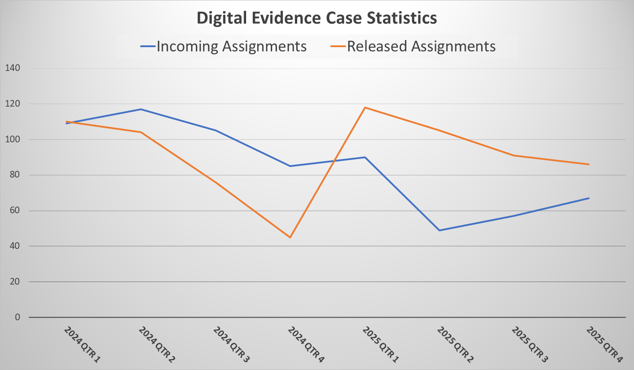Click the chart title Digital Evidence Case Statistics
coord(317,18)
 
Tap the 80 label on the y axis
coord(12,175)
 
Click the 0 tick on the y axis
coord(17,317)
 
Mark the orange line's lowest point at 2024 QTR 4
coord(290,237)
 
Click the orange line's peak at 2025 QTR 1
coord(365,107)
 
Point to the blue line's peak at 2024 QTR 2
coord(141,109)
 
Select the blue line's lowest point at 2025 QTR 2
coord(439,230)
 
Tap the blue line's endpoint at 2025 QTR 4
coord(589,198)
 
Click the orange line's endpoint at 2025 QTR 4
coord(589,164)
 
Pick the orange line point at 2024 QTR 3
coord(216,182)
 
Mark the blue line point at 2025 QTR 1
coord(365,157)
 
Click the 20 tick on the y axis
coord(12,282)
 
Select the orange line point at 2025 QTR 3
coord(514,155)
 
